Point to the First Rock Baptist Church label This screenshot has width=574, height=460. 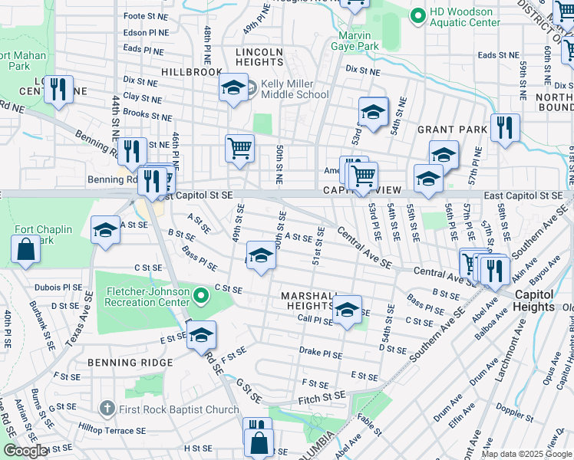pyautogui.click(x=179, y=409)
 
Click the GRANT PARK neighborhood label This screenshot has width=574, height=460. pyautogui.click(x=453, y=130)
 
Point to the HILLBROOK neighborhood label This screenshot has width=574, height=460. pyautogui.click(x=191, y=71)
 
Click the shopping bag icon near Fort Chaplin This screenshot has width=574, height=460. pyautogui.click(x=25, y=250)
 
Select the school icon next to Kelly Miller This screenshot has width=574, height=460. pyautogui.click(x=234, y=88)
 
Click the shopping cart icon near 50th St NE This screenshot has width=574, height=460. pyautogui.click(x=239, y=147)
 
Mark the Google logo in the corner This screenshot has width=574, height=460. pyautogui.click(x=25, y=451)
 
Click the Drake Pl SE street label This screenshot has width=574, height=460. pyautogui.click(x=320, y=354)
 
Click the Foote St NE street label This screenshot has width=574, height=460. pyautogui.click(x=145, y=15)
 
